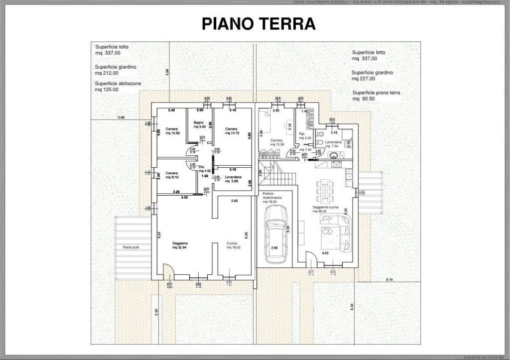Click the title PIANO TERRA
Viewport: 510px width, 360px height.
(258, 23)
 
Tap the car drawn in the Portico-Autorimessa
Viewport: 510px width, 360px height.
(276, 234)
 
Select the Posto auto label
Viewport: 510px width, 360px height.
(130, 247)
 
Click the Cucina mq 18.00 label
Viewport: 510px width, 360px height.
(233, 245)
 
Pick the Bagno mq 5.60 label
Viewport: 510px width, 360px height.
(200, 124)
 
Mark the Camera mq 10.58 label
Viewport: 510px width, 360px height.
(173, 131)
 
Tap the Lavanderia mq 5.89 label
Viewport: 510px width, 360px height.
(233, 179)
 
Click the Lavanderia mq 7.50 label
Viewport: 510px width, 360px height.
(333, 144)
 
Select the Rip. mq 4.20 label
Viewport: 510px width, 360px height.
(305, 135)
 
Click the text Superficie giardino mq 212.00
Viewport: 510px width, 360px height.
(116, 69)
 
